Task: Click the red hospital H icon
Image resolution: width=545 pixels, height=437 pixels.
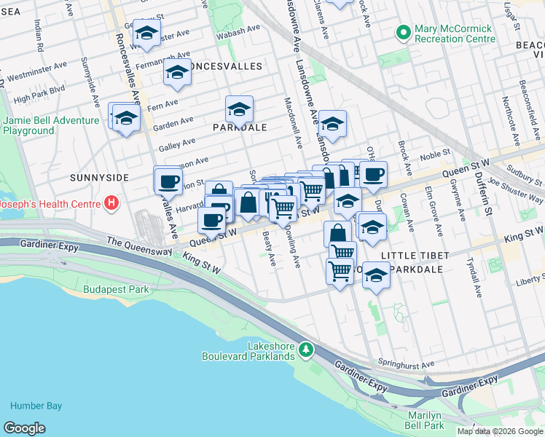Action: [111, 202]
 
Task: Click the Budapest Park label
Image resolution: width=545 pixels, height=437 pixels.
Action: [117, 289]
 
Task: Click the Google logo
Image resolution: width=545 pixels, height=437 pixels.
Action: [24, 428]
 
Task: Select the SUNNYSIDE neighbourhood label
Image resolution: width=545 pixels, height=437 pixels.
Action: [99, 178]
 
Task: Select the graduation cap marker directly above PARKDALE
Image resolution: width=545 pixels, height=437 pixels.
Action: [239, 110]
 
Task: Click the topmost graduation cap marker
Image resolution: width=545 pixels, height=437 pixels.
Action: [146, 34]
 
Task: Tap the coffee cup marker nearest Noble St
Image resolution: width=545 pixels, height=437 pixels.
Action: [373, 174]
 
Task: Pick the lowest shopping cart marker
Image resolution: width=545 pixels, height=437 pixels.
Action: [340, 272]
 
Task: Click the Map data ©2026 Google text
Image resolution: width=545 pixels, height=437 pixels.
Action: [500, 431]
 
